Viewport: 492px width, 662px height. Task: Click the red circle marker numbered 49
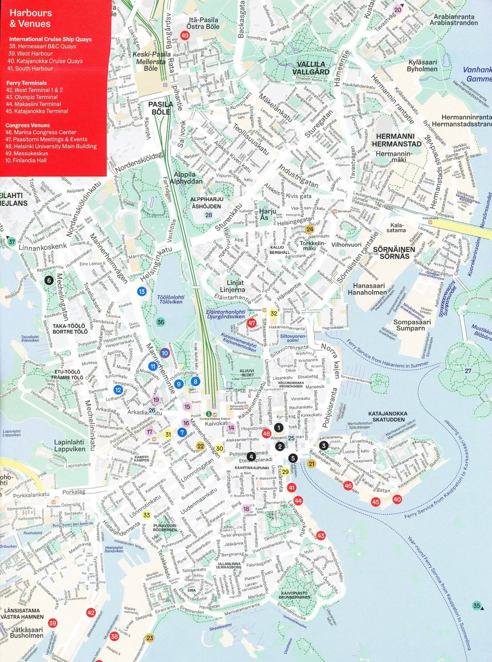coord(185,36)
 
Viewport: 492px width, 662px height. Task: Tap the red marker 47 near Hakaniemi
coord(252,323)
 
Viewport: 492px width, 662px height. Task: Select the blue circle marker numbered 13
coord(142,292)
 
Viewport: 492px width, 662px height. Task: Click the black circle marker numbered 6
coord(49,281)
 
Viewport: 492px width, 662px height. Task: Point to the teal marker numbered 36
coord(161,322)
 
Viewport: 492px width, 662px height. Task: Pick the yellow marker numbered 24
coord(310,229)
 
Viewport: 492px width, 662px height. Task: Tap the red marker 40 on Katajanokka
coord(397,499)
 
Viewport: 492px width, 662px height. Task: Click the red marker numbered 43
coord(321,536)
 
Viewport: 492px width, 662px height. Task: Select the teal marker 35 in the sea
coord(477,606)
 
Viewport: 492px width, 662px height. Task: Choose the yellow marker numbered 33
coord(147,515)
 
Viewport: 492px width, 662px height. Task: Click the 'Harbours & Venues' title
coord(30,18)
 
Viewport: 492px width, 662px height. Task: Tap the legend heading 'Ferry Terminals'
coord(26,83)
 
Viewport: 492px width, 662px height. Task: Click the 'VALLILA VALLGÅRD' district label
coord(311,68)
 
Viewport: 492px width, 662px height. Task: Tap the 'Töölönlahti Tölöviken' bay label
coord(171,299)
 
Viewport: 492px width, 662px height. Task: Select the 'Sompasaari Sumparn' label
coord(412,325)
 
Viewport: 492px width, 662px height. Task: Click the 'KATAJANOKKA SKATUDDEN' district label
coord(387,416)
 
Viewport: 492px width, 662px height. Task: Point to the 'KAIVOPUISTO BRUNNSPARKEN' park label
coord(294,595)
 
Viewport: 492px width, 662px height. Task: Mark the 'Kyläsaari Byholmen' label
coord(422,66)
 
